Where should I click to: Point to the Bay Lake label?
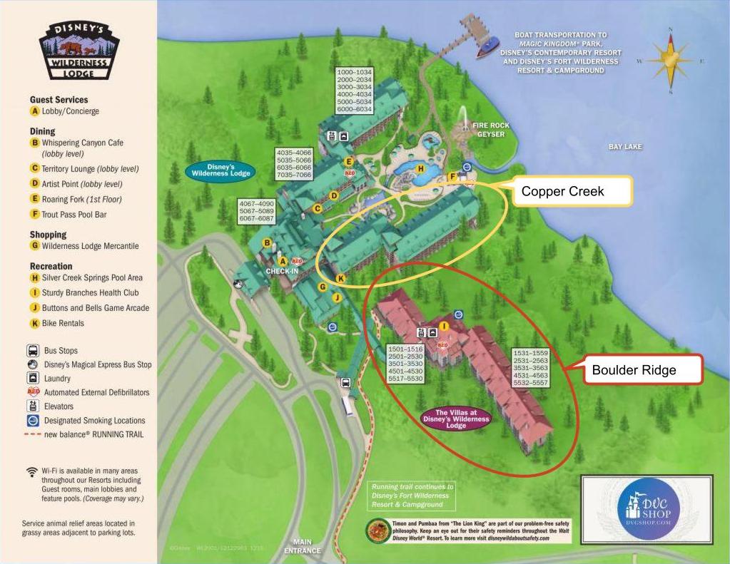coord(625,147)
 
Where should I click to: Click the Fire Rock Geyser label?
coord(491,130)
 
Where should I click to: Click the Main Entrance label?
coord(303,546)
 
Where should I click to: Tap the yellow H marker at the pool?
coord(420,169)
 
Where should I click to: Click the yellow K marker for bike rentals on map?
coord(340,278)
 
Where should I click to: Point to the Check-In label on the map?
coord(282,271)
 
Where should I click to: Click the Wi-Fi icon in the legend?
coord(31,471)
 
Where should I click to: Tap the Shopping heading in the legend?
coord(48,235)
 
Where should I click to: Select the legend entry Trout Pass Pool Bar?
coord(73,214)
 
